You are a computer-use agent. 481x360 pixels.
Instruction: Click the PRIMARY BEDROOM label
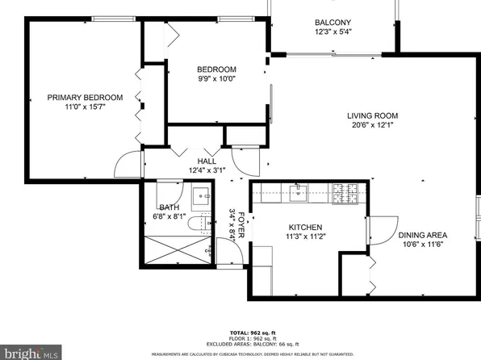click(x=85, y=98)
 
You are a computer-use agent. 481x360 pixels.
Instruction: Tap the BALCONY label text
click(x=333, y=23)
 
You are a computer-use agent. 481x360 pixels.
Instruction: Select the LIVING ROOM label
click(x=373, y=115)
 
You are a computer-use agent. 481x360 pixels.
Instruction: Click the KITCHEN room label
click(x=305, y=227)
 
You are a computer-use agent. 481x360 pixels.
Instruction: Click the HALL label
click(x=207, y=161)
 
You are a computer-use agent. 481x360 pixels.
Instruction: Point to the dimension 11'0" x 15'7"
click(x=85, y=107)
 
